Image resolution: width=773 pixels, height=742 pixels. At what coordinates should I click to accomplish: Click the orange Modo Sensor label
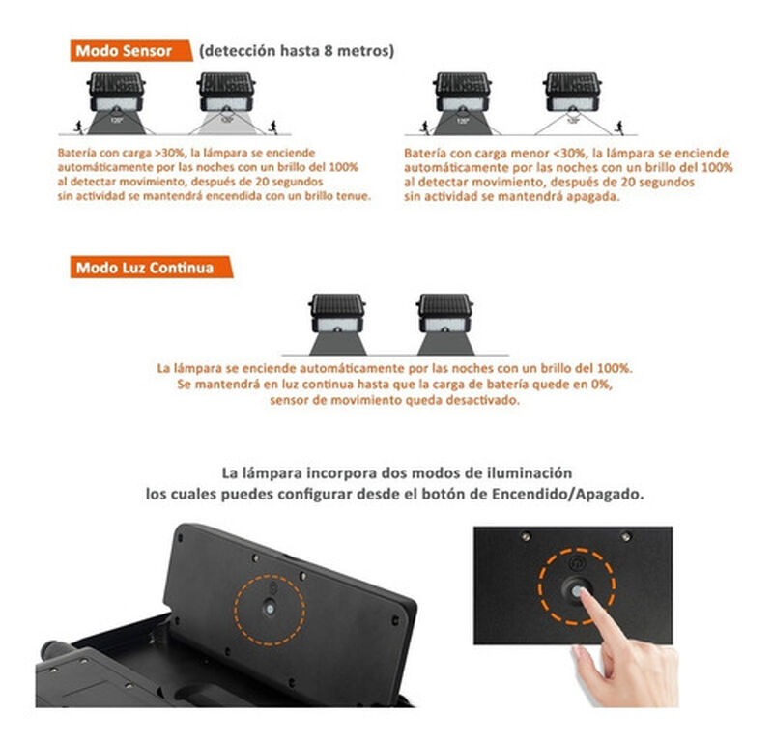131,51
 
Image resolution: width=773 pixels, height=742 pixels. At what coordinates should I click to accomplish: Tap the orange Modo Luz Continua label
152,268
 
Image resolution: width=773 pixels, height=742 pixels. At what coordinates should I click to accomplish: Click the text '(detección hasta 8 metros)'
297,51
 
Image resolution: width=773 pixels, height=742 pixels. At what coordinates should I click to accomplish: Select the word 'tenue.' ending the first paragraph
354,196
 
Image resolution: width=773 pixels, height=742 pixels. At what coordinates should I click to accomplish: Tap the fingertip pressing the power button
585,593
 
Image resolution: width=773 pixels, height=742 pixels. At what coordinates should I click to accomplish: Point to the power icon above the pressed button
576,562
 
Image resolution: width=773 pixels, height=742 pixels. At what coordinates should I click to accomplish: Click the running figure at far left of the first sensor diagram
78,128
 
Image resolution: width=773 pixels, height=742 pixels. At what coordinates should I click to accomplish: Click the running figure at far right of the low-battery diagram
619,128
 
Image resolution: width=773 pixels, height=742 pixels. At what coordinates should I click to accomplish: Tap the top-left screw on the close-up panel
526,536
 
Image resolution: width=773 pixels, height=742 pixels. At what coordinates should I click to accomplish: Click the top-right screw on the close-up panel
625,535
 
